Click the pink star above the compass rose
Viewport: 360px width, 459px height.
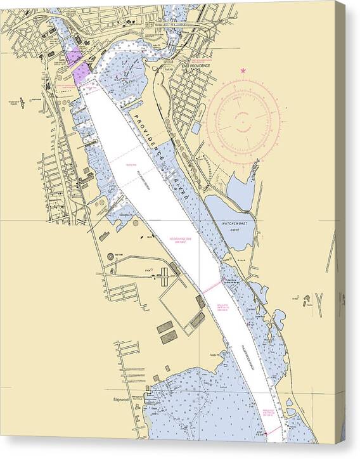click(243, 70)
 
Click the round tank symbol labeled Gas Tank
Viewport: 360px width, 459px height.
click(110, 255)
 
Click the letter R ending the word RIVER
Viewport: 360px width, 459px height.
click(188, 200)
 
